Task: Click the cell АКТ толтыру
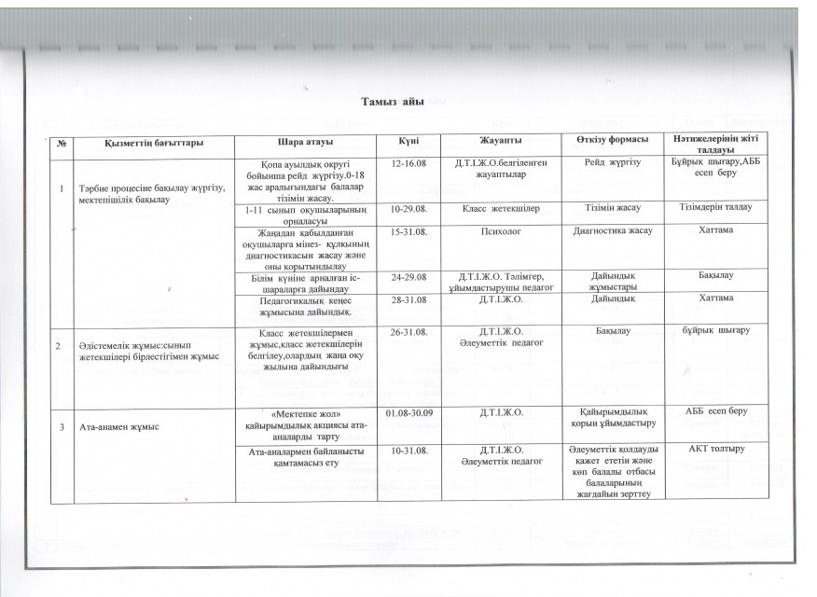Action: pos(716,451)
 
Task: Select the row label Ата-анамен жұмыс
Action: pos(114,427)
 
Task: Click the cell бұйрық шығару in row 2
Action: pos(716,331)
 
